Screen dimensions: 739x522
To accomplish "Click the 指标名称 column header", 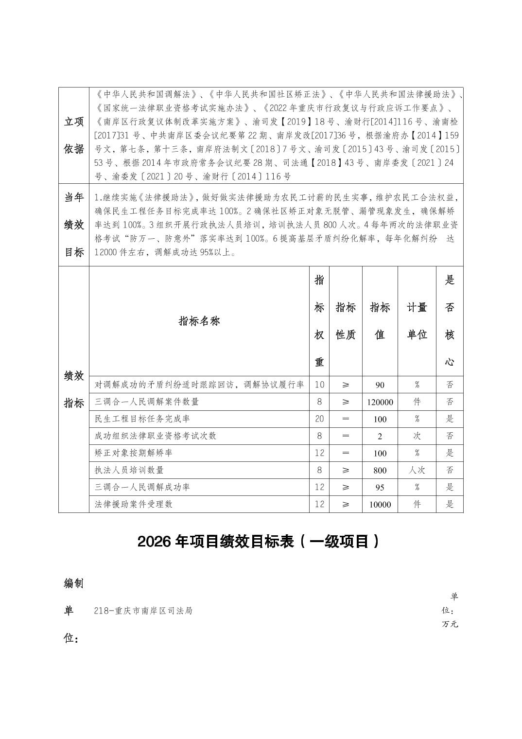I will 199,321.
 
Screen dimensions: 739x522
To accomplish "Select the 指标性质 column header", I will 346,321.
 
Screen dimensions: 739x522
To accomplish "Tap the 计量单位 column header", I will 417,321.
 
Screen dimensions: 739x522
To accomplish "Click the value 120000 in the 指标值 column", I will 380,402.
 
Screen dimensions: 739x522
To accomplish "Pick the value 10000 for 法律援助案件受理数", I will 380,505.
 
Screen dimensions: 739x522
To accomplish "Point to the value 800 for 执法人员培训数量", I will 380,470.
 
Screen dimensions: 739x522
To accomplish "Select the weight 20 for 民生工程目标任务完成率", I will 319,419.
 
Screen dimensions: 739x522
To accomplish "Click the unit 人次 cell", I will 417,470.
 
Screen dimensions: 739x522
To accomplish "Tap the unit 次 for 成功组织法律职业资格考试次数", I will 417,436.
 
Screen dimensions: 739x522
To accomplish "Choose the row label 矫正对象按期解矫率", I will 134,453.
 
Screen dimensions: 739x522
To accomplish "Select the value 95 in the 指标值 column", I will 380,487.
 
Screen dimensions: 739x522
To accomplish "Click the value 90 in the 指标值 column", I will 380,385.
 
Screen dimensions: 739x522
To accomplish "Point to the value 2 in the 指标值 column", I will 380,436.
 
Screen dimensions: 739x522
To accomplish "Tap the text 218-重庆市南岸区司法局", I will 143,611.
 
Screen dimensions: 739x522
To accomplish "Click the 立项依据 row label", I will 74,136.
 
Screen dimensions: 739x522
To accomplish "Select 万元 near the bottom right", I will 450,624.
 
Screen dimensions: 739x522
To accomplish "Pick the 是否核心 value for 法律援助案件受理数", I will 450,504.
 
